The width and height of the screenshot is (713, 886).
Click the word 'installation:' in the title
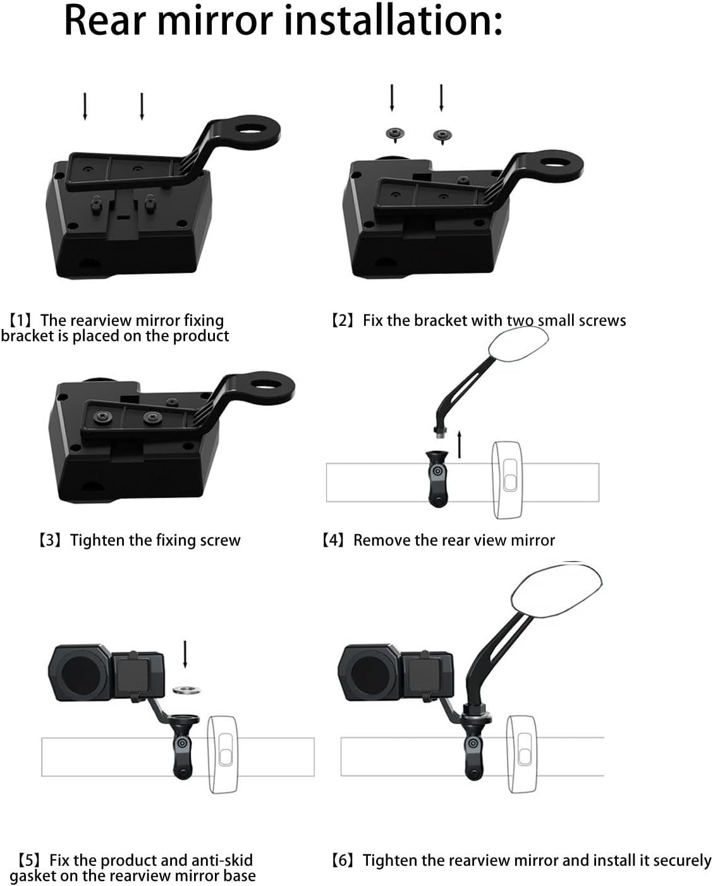[x=393, y=21]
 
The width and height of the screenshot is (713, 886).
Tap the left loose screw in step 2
[x=395, y=135]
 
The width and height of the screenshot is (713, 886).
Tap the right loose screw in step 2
[x=442, y=136]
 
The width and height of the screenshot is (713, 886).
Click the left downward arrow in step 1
[x=85, y=107]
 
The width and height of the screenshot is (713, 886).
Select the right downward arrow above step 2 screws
[x=441, y=98]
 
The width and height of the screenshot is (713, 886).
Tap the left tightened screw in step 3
[x=103, y=417]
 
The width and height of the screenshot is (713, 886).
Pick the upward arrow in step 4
[x=460, y=445]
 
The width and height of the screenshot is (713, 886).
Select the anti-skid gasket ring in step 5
[x=186, y=689]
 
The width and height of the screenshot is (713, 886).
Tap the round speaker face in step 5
[x=81, y=677]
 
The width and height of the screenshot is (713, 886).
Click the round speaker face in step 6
[x=370, y=677]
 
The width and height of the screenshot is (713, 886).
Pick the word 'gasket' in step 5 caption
[x=35, y=875]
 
